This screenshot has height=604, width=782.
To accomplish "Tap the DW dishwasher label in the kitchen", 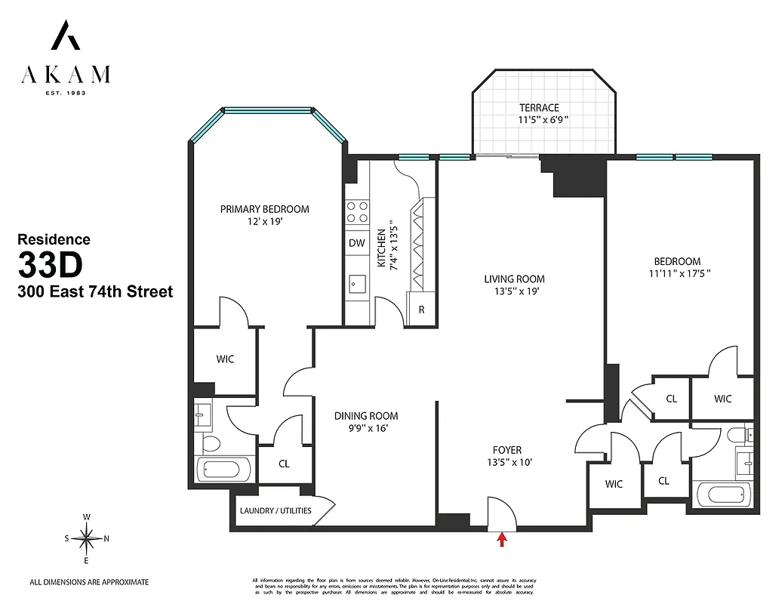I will pos(356,243).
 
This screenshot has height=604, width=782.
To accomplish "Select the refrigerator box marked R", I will pos(420,310).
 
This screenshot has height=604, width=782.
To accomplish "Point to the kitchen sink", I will pos(356,285).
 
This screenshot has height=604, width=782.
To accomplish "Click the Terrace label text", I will pos(539,108).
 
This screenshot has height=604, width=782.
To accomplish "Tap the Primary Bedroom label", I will pos(264,209).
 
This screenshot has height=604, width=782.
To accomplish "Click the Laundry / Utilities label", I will pos(276,510).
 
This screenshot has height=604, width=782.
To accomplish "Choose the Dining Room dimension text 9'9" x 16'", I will pos(366,428).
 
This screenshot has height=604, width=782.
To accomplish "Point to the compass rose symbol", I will pos(87,538).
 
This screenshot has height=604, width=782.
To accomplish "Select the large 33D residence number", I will pos(50,266).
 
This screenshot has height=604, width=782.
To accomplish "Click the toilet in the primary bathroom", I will pos(208,442).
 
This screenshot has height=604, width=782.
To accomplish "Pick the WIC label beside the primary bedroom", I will pos(225,359).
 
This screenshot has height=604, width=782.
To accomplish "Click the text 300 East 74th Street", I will pos(95,291).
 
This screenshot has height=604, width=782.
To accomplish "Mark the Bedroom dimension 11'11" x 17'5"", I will pos(679,274).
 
